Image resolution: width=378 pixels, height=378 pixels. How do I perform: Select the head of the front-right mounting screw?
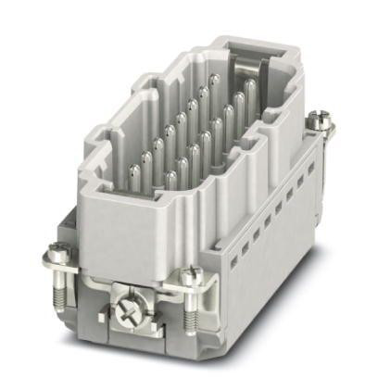point(189,276)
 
